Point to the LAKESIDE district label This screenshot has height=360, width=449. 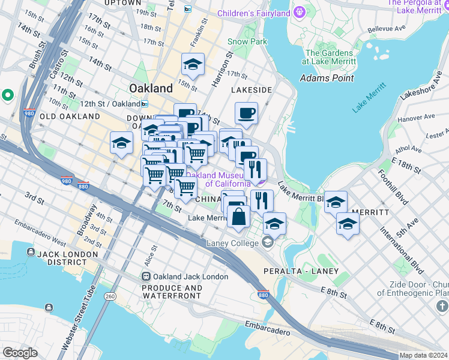(252, 90)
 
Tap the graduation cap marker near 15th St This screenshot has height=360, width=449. (193, 65)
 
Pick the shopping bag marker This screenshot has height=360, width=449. (238, 217)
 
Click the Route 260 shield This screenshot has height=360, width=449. (109, 296)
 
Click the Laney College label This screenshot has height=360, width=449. (233, 243)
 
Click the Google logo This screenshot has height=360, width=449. (20, 353)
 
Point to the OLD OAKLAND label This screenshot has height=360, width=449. (70, 116)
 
